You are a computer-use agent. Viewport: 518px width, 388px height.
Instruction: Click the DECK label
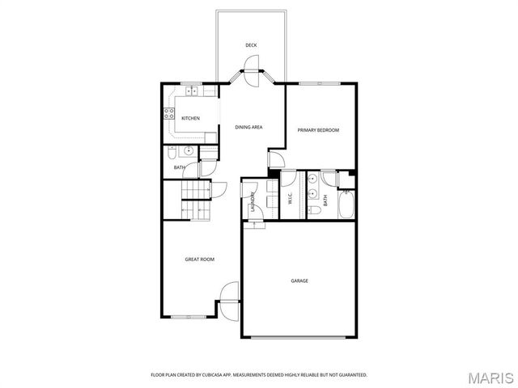point(252,45)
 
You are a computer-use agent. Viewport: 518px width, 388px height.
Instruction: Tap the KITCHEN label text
point(190,119)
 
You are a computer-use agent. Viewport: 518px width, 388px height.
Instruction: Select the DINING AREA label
point(248,128)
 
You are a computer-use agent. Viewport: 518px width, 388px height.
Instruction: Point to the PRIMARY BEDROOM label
point(318,130)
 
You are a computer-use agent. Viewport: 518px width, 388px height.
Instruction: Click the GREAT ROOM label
point(199,259)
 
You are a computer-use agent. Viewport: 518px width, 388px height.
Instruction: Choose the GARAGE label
point(299,281)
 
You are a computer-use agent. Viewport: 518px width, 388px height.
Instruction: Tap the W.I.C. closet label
point(289,198)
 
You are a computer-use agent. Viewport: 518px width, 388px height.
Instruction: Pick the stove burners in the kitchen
point(169,113)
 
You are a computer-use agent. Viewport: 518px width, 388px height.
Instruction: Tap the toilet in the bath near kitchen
point(172,153)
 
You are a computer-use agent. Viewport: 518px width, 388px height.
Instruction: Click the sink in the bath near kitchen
point(188,151)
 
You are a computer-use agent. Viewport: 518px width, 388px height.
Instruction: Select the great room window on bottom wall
point(188,316)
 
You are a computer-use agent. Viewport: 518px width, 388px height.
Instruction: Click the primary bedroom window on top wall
point(321,82)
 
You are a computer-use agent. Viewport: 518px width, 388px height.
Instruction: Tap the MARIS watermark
point(495,377)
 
